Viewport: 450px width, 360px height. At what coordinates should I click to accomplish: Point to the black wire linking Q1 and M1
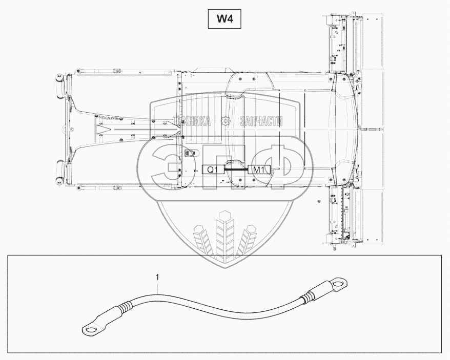point(236,168)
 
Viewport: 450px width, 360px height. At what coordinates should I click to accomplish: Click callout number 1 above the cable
point(157,277)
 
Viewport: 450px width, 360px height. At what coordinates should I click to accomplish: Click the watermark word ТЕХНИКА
point(192,121)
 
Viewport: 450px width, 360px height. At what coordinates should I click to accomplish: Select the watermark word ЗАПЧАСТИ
point(261,121)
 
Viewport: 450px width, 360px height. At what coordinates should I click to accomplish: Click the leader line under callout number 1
point(159,287)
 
